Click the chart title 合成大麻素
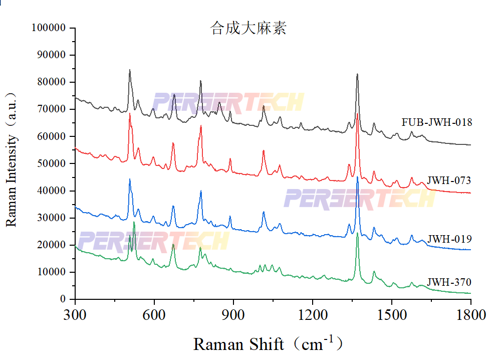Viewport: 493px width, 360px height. tap(249, 28)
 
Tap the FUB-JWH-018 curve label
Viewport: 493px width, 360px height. tap(436, 122)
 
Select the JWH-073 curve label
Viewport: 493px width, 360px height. tap(449, 181)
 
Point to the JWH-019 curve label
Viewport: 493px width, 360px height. tap(449, 238)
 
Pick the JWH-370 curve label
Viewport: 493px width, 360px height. tap(449, 282)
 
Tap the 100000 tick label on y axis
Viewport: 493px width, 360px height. tap(49, 28)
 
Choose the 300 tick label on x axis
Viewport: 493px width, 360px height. tap(75, 315)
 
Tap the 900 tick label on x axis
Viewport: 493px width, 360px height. tap(233, 315)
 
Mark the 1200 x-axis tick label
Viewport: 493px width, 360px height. tap(313, 315)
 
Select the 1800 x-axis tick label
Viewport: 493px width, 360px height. tap(471, 315)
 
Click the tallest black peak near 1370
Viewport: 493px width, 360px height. tap(357, 75)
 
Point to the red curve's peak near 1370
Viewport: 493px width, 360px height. tap(358, 114)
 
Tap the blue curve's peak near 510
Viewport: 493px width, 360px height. tap(130, 179)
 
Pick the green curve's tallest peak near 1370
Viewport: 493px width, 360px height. tap(357, 234)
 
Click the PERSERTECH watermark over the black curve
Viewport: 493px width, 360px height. tap(228, 102)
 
